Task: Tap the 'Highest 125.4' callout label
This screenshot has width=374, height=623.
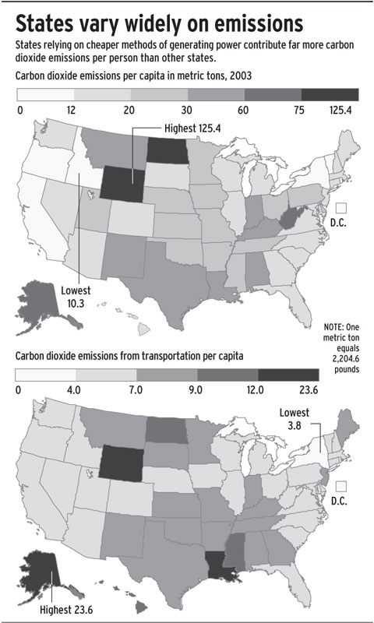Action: [190, 127]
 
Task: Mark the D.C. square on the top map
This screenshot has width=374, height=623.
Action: [340, 209]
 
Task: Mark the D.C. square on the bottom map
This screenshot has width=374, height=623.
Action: [340, 485]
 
